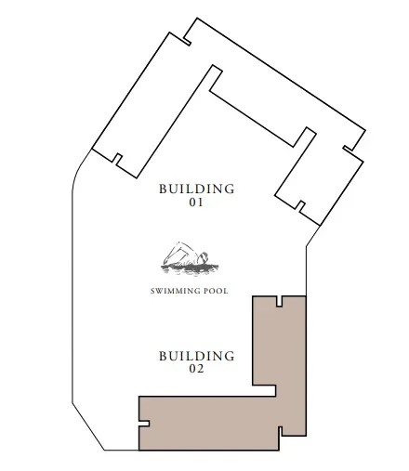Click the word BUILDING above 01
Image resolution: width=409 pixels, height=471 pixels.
point(196,189)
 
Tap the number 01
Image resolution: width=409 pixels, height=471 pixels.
point(196,202)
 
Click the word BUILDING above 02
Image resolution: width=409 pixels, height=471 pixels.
point(196,356)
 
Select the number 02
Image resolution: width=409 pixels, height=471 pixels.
point(196,369)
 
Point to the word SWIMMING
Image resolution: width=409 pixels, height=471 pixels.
point(177,291)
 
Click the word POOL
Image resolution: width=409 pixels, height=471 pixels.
point(217,291)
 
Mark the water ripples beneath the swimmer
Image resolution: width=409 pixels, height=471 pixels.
point(191,270)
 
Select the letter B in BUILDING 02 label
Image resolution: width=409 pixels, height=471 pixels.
point(163,356)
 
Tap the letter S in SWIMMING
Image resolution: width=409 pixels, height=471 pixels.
point(153,291)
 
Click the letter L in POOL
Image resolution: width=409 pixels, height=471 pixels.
point(226,291)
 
